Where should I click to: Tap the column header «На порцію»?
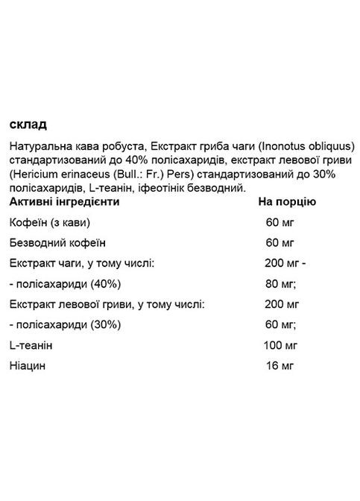[287, 201]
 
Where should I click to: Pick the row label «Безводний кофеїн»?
[57, 243]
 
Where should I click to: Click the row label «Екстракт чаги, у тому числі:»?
[83, 263]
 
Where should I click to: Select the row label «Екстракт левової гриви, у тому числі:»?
[107, 304]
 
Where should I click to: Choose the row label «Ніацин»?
[27, 366]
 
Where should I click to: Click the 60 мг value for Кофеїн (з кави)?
[281, 222]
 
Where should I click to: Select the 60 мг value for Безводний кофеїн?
[281, 243]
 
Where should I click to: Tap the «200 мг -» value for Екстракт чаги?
[285, 263]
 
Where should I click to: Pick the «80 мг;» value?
[282, 284]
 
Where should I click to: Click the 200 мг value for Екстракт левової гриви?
[282, 304]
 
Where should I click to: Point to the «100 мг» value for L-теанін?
[281, 346]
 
